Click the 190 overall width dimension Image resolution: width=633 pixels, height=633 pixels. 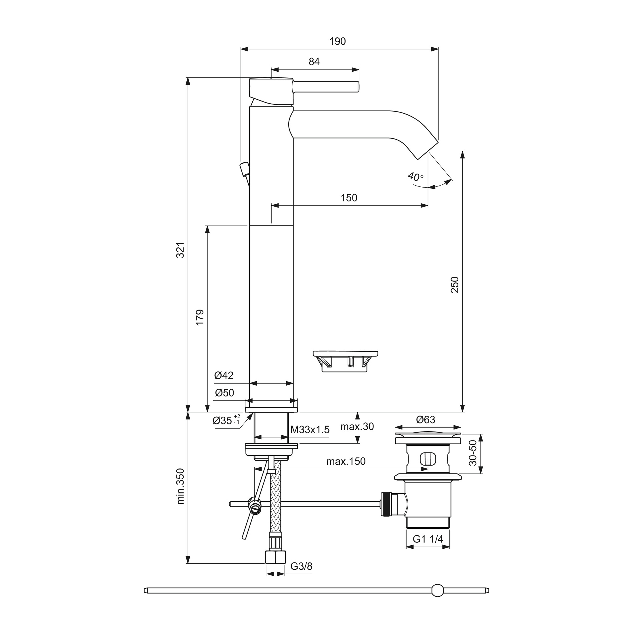click(338, 42)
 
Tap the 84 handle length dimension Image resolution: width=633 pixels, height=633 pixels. click(314, 62)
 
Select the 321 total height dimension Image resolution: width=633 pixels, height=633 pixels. click(180, 250)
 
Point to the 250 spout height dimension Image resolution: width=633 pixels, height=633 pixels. click(455, 285)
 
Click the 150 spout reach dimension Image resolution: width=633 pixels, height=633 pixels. click(349, 198)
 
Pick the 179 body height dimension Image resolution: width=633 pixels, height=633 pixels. click(200, 317)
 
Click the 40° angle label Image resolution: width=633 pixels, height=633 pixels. click(415, 177)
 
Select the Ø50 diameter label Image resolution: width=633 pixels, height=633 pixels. click(224, 393)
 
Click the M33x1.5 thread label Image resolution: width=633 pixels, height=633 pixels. click(310, 430)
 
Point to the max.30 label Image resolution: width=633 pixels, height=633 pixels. click(357, 427)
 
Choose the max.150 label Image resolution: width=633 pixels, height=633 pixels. click(346, 461)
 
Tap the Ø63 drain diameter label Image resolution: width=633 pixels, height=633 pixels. click(426, 420)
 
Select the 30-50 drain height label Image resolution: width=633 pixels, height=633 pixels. click(473, 453)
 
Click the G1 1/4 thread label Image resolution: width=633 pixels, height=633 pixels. click(428, 539)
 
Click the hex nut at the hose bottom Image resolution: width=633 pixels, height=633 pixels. click(275, 557)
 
